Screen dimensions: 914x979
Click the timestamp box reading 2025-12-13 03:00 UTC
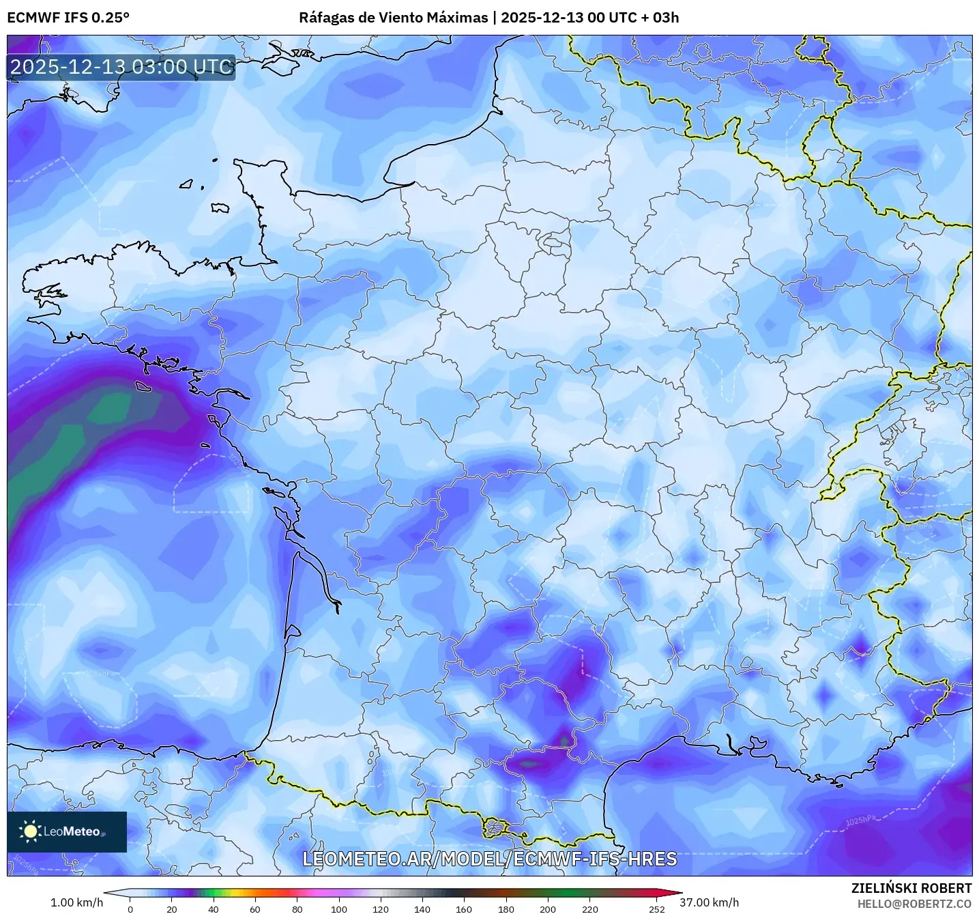(x=121, y=67)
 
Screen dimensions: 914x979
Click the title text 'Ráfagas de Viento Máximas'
(x=393, y=18)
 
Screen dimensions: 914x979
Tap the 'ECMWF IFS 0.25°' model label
(x=68, y=18)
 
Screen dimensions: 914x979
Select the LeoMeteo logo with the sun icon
(x=67, y=831)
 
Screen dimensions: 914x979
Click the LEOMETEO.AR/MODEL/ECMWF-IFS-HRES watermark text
(x=489, y=859)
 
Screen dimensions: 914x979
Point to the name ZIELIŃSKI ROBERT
(x=911, y=888)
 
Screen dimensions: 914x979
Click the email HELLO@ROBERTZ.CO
(x=914, y=904)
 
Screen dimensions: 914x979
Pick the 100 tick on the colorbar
(x=339, y=909)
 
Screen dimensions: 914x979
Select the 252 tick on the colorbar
(x=656, y=909)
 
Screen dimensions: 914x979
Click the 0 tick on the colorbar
(x=130, y=909)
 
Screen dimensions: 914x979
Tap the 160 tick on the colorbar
(x=464, y=909)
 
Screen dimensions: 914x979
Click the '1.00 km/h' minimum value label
(x=76, y=902)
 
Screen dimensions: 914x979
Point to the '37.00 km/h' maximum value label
(x=709, y=902)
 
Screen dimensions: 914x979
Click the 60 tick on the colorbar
(x=255, y=909)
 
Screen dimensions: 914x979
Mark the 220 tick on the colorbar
(x=590, y=909)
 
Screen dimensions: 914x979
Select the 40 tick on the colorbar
(x=214, y=909)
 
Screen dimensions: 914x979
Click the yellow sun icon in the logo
(x=30, y=831)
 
